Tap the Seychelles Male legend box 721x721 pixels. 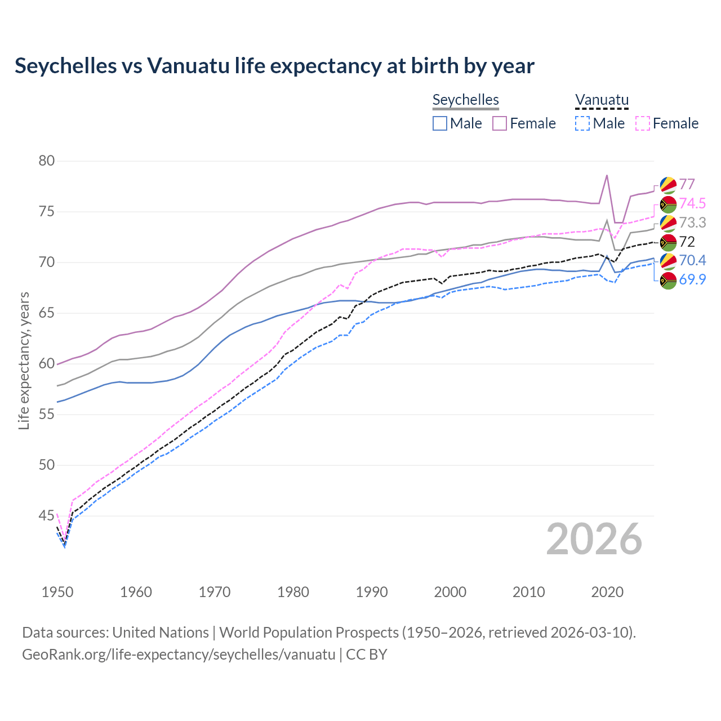tap(440, 123)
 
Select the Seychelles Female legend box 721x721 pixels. tap(500, 123)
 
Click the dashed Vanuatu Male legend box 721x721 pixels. tap(582, 123)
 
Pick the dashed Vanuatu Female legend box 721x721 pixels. tap(643, 123)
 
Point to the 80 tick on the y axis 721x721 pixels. tap(47, 161)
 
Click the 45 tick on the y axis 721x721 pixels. tap(47, 515)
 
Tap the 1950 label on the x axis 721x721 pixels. tap(57, 592)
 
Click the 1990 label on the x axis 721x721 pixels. tap(372, 592)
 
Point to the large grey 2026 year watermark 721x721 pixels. tap(594, 539)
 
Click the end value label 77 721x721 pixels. tap(687, 184)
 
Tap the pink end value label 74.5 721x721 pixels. tap(692, 203)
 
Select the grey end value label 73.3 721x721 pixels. tap(692, 222)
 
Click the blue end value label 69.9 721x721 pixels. tap(692, 279)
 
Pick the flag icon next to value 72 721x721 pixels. tap(668, 242)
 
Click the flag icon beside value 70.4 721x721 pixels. tap(668, 261)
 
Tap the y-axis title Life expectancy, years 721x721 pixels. tap(24, 360)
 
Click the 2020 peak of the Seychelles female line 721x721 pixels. tap(607, 175)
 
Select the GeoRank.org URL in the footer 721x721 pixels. tap(179, 655)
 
